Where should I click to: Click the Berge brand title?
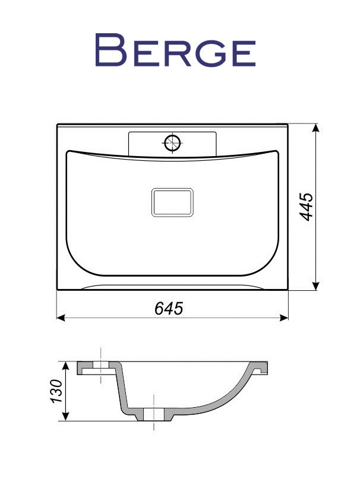[175, 50]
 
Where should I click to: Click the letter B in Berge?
[110, 50]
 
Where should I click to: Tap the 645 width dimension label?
[169, 308]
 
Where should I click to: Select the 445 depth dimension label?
[306, 207]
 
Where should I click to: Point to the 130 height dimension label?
[57, 391]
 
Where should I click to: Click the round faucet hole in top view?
[172, 142]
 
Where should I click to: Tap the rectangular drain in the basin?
[172, 202]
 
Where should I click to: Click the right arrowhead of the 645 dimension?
[284, 318]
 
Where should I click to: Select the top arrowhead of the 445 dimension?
[316, 128]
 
